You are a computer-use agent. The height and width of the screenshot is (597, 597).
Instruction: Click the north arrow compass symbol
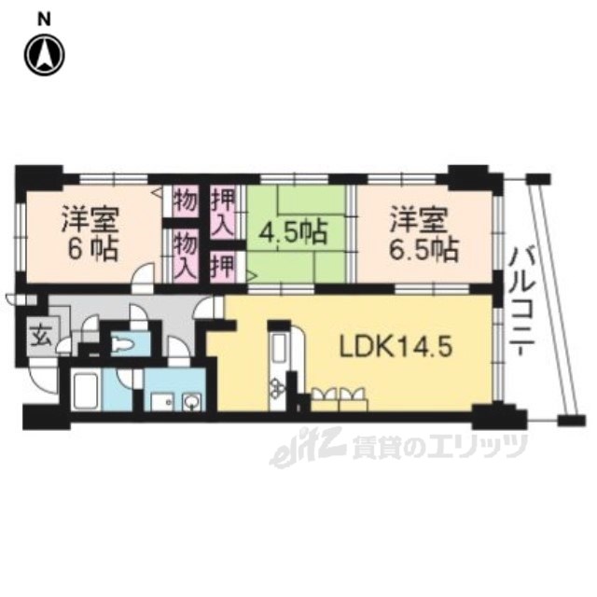click(45, 55)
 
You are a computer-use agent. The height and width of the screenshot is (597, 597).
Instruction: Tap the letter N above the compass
click(45, 21)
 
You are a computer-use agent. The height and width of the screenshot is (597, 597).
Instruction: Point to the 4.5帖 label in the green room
click(293, 232)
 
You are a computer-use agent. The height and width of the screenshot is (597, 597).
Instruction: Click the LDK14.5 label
click(396, 347)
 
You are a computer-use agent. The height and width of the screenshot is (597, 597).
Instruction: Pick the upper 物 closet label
click(186, 201)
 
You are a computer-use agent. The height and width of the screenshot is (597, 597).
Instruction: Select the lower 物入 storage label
click(186, 256)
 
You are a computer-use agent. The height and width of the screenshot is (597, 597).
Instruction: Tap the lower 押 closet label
click(223, 267)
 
